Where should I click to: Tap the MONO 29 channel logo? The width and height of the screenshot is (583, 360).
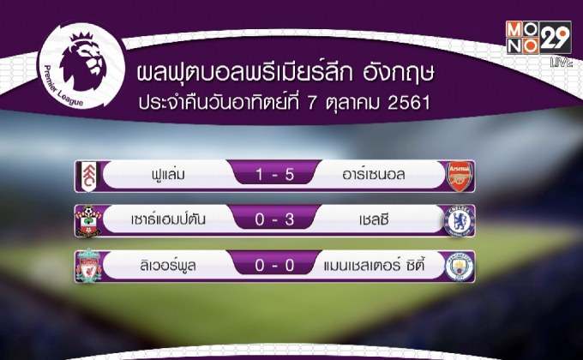(525, 39)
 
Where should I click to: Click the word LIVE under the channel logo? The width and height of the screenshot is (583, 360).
(562, 63)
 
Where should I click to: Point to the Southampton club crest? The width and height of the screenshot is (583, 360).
(89, 220)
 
